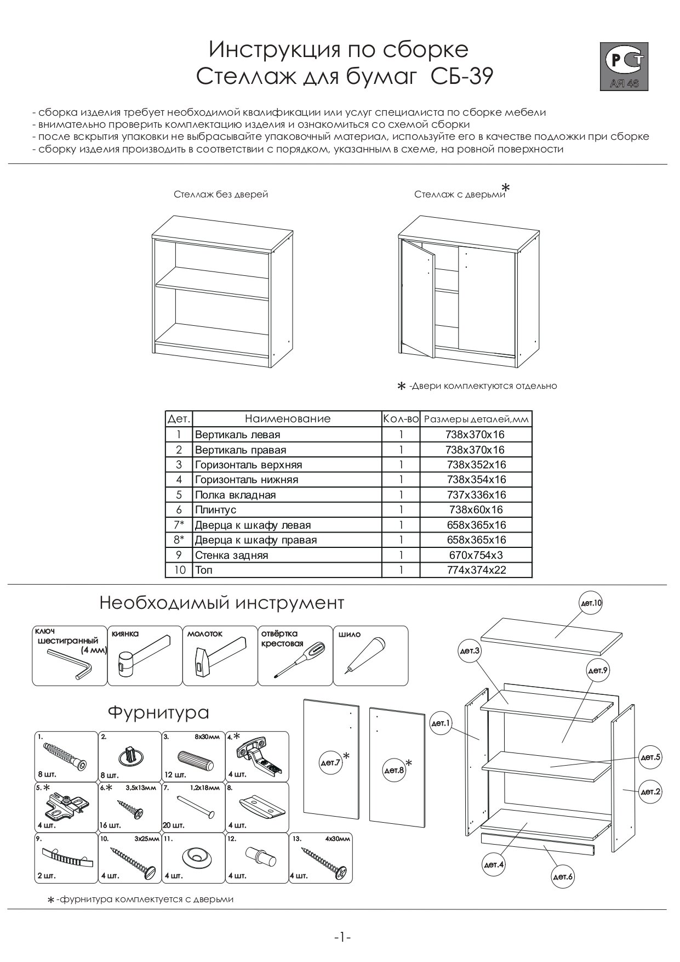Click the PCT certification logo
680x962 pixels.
click(626, 65)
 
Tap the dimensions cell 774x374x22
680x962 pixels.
click(476, 570)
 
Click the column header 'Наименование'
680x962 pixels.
click(288, 419)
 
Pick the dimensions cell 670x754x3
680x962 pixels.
click(476, 555)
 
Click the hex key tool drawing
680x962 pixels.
click(70, 663)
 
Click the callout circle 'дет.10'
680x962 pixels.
click(591, 603)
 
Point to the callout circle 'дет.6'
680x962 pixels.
click(563, 877)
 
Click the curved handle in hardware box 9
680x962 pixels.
click(66, 857)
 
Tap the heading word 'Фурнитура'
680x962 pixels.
click(158, 712)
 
